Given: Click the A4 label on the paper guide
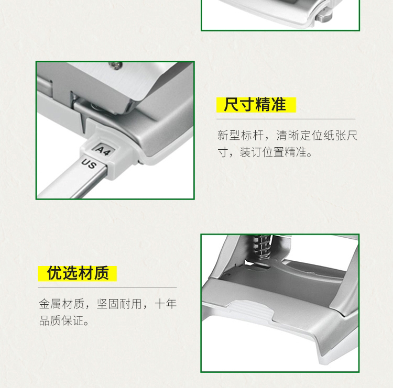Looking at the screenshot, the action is (x=103, y=150).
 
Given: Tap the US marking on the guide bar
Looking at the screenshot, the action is (x=89, y=164).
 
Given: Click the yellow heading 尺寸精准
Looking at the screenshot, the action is (x=256, y=105).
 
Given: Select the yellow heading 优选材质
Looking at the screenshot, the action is (x=78, y=273).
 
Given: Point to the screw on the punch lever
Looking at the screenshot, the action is (x=116, y=65).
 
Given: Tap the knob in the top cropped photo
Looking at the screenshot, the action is (x=324, y=15).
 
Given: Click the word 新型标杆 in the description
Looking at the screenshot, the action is (x=240, y=136).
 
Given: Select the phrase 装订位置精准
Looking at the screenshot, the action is (x=273, y=152).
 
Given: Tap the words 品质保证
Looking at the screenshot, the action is (x=61, y=320).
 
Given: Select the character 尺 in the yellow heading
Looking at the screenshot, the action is (x=232, y=105).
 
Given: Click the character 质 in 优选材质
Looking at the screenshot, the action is (x=101, y=273).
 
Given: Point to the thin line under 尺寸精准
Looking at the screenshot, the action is (x=286, y=119).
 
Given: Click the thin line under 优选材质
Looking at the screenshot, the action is (x=107, y=288).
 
